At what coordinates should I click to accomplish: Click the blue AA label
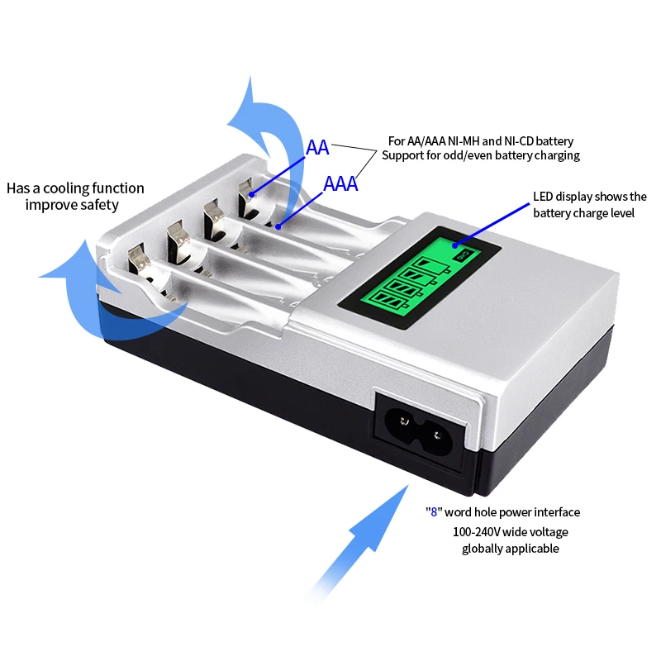(317, 148)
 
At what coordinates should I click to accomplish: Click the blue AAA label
(340, 183)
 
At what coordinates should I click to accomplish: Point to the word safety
(99, 205)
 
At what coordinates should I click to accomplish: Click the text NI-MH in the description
(463, 140)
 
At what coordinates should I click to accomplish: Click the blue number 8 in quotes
(434, 511)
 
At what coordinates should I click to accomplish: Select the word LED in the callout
(543, 197)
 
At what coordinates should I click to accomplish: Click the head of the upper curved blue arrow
(249, 115)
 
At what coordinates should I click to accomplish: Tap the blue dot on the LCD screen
(455, 245)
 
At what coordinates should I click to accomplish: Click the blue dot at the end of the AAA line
(278, 226)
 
